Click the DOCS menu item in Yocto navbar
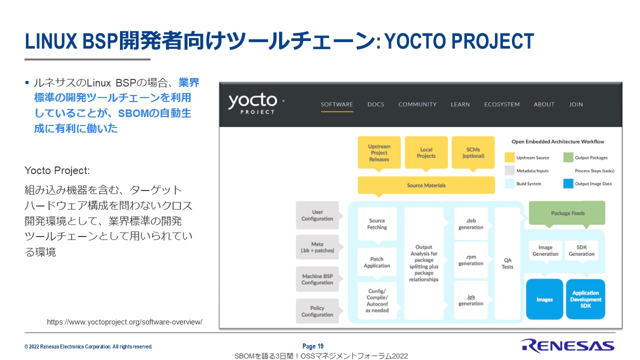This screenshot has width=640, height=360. tap(375, 104)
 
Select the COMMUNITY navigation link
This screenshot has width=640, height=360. tap(417, 104)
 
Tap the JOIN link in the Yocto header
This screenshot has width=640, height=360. tap(575, 104)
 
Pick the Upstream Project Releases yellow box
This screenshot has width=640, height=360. tap(379, 152)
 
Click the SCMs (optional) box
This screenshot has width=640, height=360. tap(473, 152)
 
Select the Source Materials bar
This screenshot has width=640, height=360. tap(426, 185)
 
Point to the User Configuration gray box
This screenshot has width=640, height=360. tap(317, 215)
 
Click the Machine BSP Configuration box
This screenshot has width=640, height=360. tap(317, 279)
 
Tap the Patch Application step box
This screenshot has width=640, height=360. tap(377, 262)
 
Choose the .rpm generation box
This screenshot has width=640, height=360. tap(470, 260)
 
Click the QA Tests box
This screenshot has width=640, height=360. tap(507, 263)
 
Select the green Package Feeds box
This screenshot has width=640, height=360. tap(567, 213)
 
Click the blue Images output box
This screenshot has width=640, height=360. tap(544, 299)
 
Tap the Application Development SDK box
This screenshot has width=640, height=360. tap(585, 299)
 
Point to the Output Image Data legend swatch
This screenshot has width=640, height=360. tap(568, 183)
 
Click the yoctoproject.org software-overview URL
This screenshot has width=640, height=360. tap(124, 322)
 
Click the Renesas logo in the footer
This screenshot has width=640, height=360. tap(567, 345)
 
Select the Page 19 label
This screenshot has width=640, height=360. tap(313, 346)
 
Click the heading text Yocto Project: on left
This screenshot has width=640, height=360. tap(57, 170)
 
